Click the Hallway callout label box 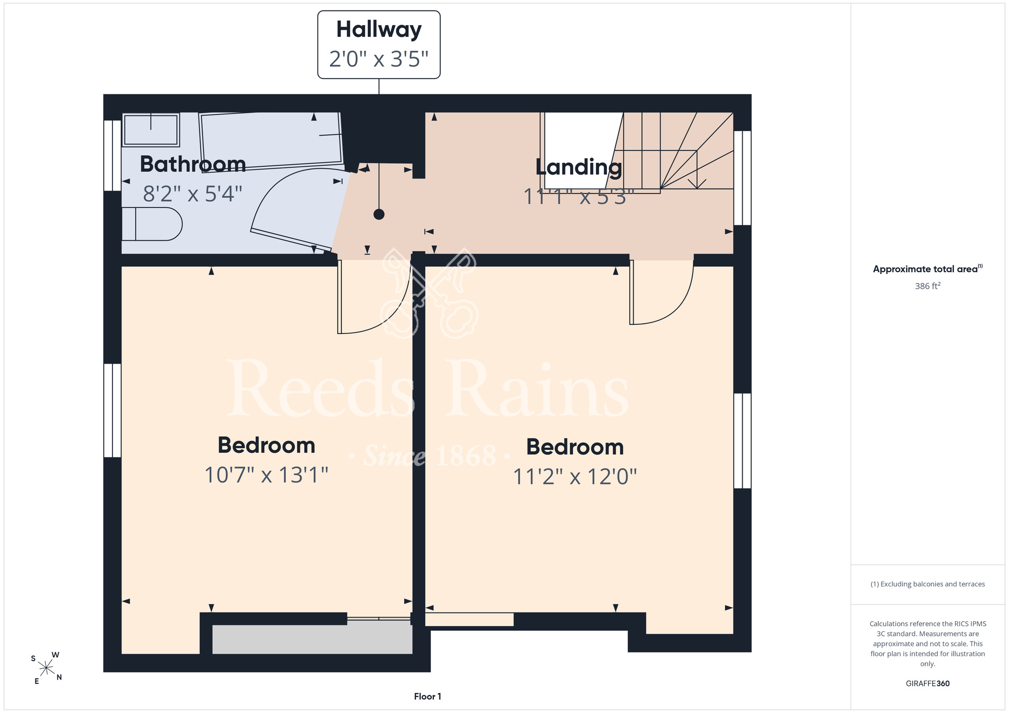point(379,44)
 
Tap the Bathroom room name point(193,164)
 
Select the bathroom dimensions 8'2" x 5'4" point(193,194)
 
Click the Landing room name point(579,167)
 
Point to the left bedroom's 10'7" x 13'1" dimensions point(266,475)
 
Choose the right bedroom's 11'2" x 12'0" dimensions point(575,477)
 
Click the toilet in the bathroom point(152,224)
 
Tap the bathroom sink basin point(151,130)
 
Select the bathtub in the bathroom point(272,140)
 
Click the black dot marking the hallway point(379,214)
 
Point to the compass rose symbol point(46,668)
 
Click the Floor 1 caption point(427,696)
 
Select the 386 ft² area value point(928,286)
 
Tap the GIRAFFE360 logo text point(928,684)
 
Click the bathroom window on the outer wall point(113,155)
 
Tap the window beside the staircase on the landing point(742,177)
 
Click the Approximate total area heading point(928,269)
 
